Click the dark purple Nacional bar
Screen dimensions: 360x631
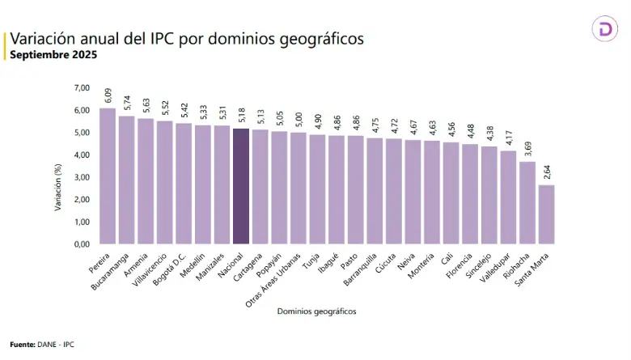(240, 186)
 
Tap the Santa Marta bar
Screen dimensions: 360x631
(546, 214)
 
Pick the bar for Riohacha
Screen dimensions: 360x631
(527, 202)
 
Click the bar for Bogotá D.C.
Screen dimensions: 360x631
(184, 183)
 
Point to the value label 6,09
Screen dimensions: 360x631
(108, 97)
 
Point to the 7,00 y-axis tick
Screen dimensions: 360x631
(82, 87)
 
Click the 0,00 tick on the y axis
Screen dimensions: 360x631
(82, 244)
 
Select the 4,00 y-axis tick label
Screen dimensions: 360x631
(82, 155)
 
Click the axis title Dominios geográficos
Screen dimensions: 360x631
(316, 311)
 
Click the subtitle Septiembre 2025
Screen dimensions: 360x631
(53, 55)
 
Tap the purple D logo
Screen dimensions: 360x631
(605, 30)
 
